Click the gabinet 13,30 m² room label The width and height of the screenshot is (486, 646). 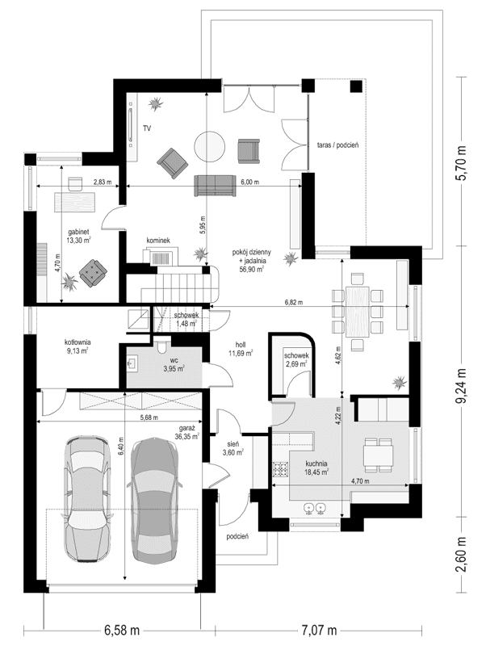(78, 236)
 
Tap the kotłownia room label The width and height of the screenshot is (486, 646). (78, 346)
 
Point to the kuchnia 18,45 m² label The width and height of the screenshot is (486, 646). (316, 468)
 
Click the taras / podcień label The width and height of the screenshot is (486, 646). (338, 145)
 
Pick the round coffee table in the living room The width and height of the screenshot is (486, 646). (210, 146)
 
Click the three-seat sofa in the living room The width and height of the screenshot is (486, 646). (215, 186)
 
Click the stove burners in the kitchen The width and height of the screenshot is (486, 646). (280, 469)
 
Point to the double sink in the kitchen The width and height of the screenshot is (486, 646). (314, 509)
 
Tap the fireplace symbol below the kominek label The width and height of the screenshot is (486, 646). (161, 257)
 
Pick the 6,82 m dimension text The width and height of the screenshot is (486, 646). (294, 302)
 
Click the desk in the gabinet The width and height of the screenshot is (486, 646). (75, 202)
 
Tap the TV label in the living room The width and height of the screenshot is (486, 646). (147, 128)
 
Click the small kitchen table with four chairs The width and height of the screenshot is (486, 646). (379, 455)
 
